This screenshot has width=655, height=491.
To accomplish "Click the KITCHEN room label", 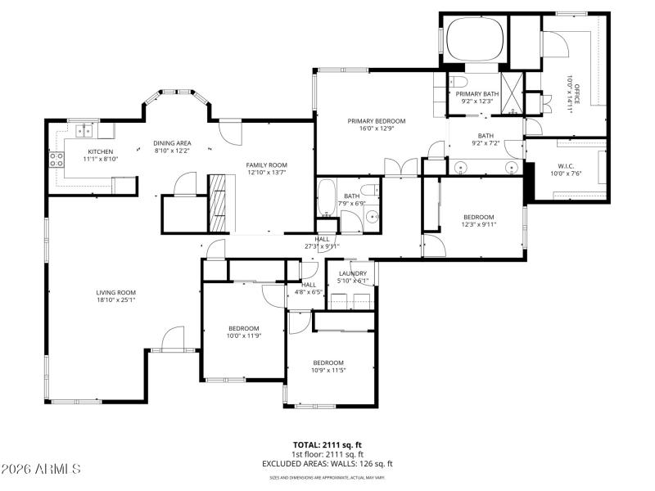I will point(102,151).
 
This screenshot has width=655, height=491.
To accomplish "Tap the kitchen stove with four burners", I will point(57,160).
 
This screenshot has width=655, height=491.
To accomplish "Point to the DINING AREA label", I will point(172,143).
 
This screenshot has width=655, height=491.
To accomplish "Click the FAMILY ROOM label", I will point(266,164).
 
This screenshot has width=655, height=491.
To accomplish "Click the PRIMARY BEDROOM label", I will point(376,121).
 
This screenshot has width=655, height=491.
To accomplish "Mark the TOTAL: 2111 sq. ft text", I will point(327,445).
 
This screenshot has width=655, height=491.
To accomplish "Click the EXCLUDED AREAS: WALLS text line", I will point(327,463).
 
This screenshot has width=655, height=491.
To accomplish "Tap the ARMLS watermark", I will point(41,470).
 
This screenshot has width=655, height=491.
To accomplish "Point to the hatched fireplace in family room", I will point(219,204).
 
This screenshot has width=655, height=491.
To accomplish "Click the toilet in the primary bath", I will point(458,83).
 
